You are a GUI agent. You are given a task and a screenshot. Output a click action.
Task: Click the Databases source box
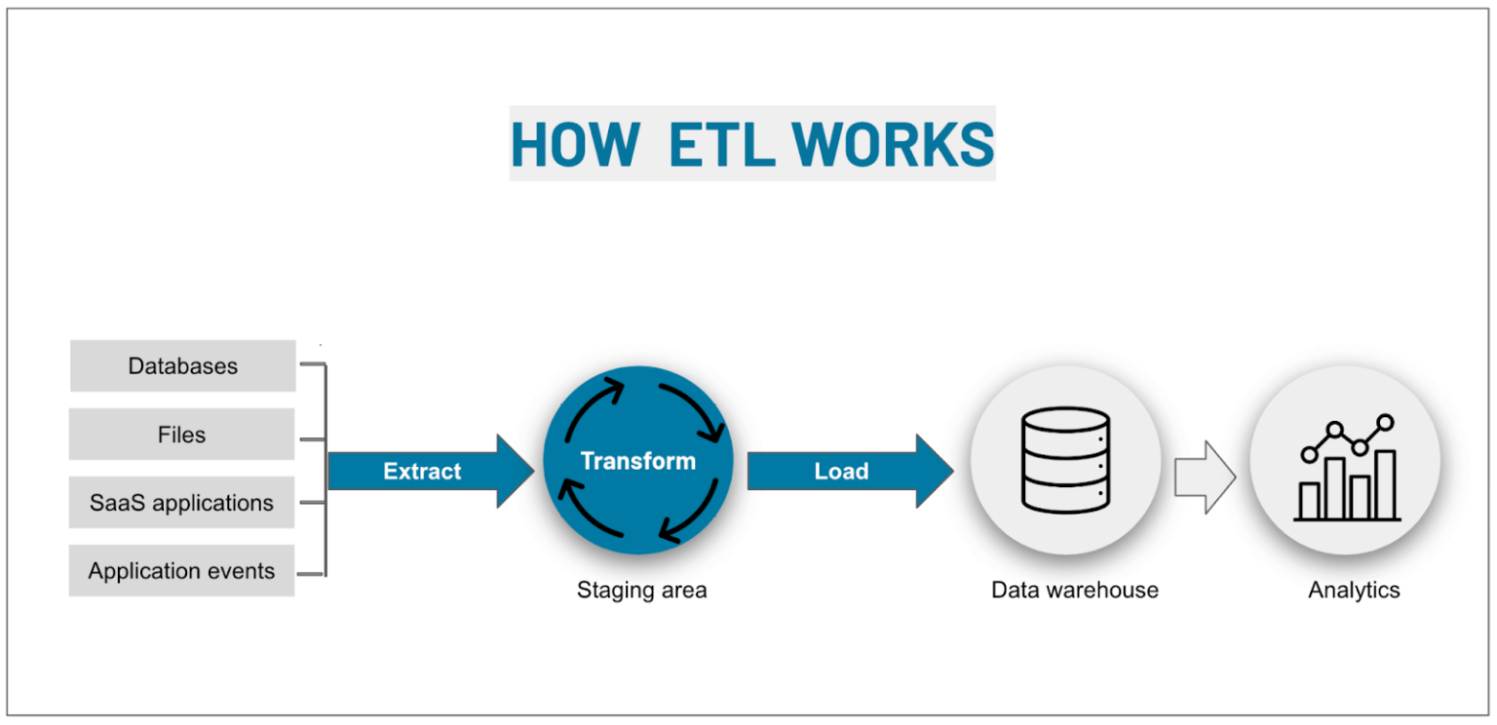[x=182, y=366]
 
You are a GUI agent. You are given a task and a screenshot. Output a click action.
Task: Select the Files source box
[x=182, y=435]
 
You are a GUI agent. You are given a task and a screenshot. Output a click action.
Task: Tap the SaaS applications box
[x=182, y=503]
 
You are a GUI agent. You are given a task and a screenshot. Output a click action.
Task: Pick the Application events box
[x=182, y=571]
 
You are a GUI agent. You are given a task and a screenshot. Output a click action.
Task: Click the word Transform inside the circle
[x=638, y=461]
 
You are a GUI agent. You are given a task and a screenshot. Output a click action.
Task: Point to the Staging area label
[x=641, y=590]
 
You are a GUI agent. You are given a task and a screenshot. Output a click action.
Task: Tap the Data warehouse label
[x=1075, y=590]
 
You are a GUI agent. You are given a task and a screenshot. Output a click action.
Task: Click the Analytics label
[x=1354, y=590]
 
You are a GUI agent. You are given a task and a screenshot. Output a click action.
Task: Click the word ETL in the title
[x=720, y=144]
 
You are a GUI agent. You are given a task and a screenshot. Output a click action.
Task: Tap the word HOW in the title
[x=574, y=144]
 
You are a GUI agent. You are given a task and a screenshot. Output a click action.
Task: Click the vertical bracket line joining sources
[x=325, y=469]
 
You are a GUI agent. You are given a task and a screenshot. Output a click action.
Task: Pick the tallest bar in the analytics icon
[x=1385, y=484]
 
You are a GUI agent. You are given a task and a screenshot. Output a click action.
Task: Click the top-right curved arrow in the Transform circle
[x=691, y=407]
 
